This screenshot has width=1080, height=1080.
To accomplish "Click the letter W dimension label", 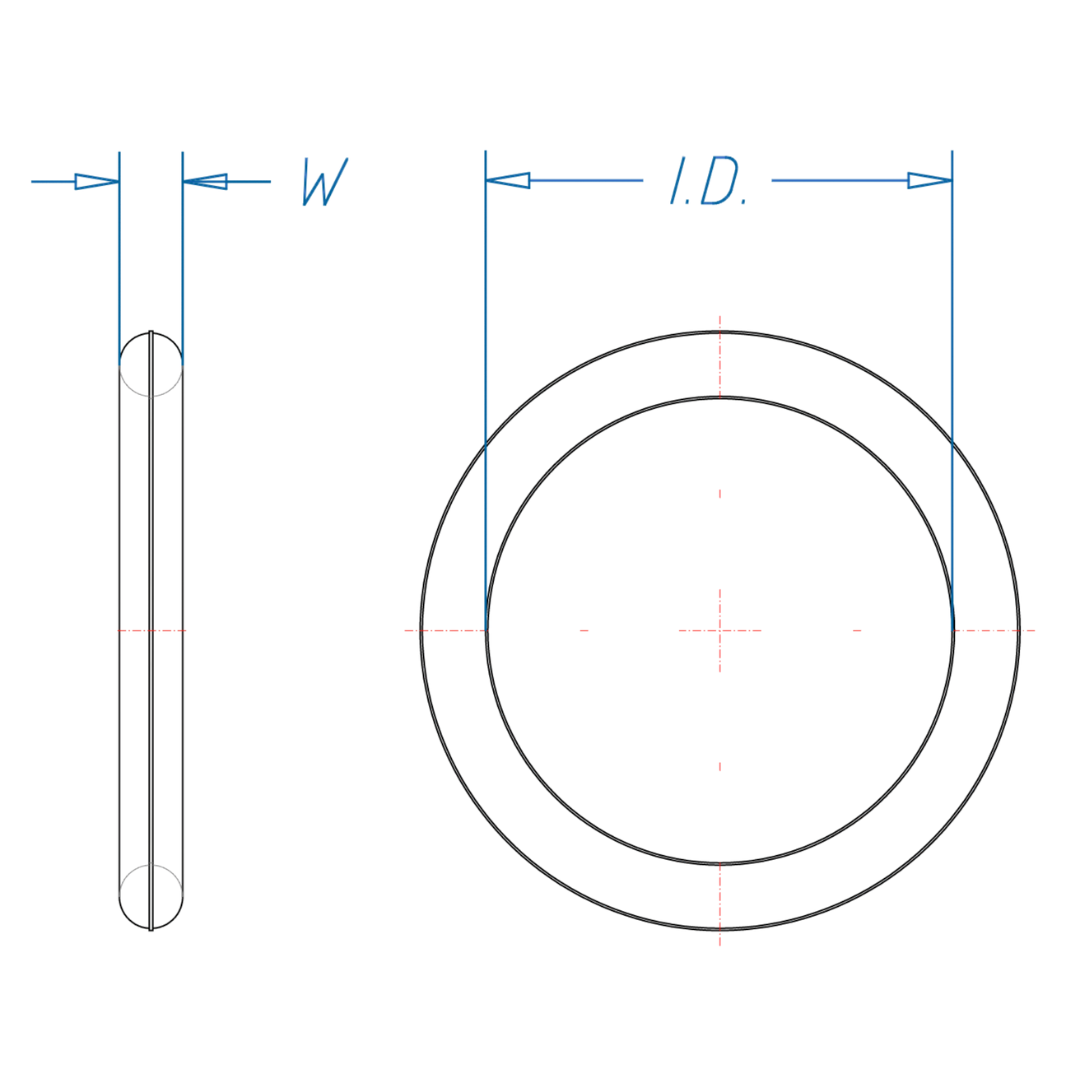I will click(x=325, y=182).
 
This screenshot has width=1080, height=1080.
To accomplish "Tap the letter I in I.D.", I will click(x=677, y=181).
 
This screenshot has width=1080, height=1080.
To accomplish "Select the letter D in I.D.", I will click(x=719, y=181).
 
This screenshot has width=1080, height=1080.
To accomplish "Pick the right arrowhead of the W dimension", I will click(x=205, y=181).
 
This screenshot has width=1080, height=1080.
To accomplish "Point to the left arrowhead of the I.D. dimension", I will click(x=507, y=180).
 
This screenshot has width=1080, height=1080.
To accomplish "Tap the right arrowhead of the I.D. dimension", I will click(x=930, y=180).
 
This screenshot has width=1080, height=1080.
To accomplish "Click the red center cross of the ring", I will click(x=719, y=630).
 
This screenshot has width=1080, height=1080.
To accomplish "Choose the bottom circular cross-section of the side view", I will click(x=151, y=897).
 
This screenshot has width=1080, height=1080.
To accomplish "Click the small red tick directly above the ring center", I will click(x=719, y=493).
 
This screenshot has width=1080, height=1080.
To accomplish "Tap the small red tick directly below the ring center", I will click(x=719, y=767).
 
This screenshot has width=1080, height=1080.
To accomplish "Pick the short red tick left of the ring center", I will click(x=584, y=630).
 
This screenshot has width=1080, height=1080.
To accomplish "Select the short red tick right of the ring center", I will click(x=857, y=630).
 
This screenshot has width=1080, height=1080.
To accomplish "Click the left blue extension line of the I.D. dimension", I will click(x=485, y=300).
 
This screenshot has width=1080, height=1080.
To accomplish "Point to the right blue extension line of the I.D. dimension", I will click(x=952, y=300).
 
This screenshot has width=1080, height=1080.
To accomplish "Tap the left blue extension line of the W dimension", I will click(x=119, y=250).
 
